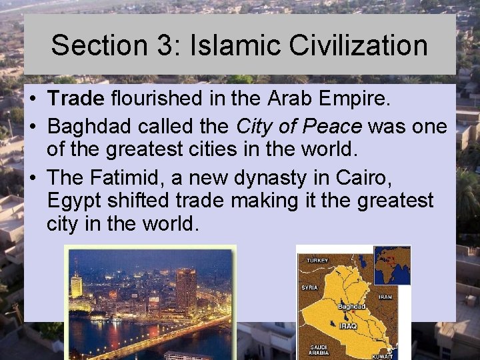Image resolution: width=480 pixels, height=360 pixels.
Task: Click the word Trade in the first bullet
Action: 76,99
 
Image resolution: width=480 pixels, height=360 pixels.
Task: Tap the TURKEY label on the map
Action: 317,260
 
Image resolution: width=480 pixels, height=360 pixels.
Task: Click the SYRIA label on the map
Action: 309,287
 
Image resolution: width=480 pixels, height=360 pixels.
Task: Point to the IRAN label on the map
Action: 385,297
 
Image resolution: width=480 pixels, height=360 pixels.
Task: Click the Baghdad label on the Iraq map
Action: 351,306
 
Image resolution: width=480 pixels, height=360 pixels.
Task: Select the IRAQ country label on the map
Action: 348,326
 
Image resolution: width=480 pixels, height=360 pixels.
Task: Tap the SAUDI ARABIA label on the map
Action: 319,349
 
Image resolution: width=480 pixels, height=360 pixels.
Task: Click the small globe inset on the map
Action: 391,265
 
